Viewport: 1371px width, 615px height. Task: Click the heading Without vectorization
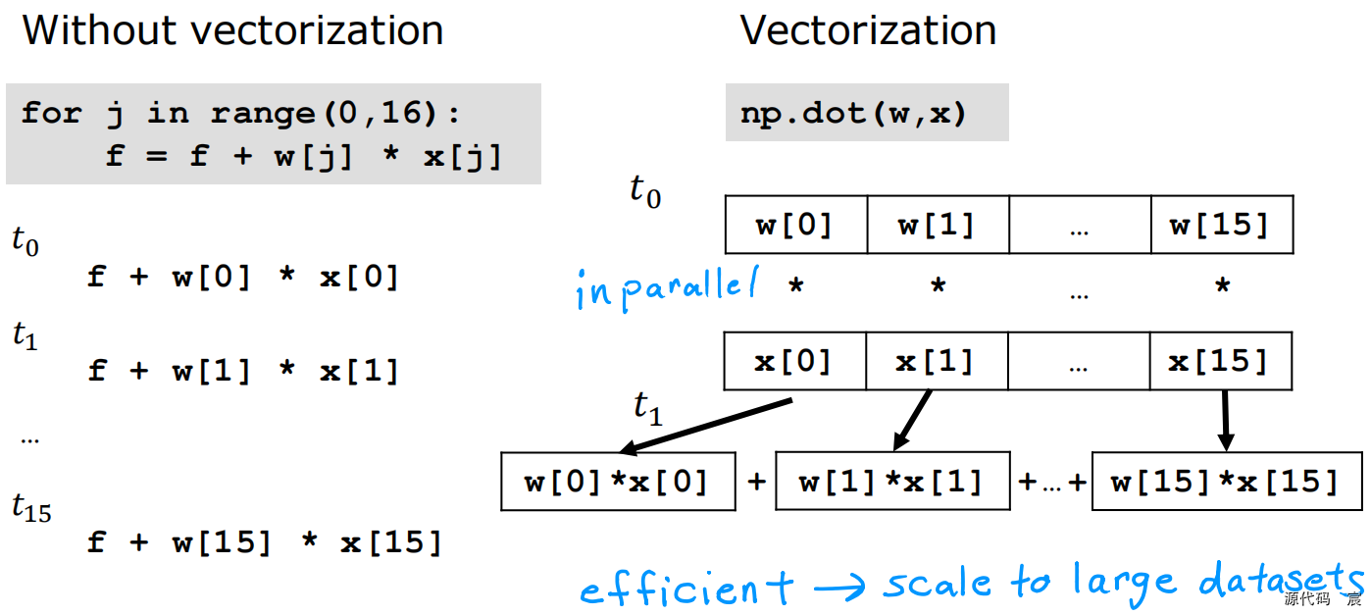pyautogui.click(x=232, y=30)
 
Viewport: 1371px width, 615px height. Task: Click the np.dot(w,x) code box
pyautogui.click(x=867, y=113)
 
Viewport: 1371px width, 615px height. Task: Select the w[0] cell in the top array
pyautogui.click(x=795, y=226)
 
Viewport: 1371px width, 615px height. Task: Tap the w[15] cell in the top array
pyautogui.click(x=1221, y=226)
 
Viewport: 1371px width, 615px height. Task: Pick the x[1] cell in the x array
pyautogui.click(x=938, y=362)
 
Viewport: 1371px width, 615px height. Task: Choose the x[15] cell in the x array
pyautogui.click(x=1220, y=362)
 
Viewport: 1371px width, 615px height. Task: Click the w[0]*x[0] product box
pyautogui.click(x=618, y=482)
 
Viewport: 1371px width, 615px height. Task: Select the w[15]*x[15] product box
pyautogui.click(x=1226, y=482)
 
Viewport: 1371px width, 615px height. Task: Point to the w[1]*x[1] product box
pyautogui.click(x=891, y=482)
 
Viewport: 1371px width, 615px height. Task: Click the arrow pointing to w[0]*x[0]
pyautogui.click(x=706, y=426)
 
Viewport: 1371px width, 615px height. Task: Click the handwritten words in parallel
pyautogui.click(x=667, y=288)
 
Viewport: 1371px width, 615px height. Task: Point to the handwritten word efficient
pyautogui.click(x=686, y=589)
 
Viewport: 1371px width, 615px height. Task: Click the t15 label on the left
pyautogui.click(x=31, y=507)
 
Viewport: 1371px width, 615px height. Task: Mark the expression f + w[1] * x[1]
pyautogui.click(x=244, y=371)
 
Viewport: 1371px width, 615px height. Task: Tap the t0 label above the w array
pyautogui.click(x=645, y=190)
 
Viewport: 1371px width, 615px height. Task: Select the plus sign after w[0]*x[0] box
pyautogui.click(x=756, y=482)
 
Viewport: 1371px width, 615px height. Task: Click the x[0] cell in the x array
pyautogui.click(x=793, y=362)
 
